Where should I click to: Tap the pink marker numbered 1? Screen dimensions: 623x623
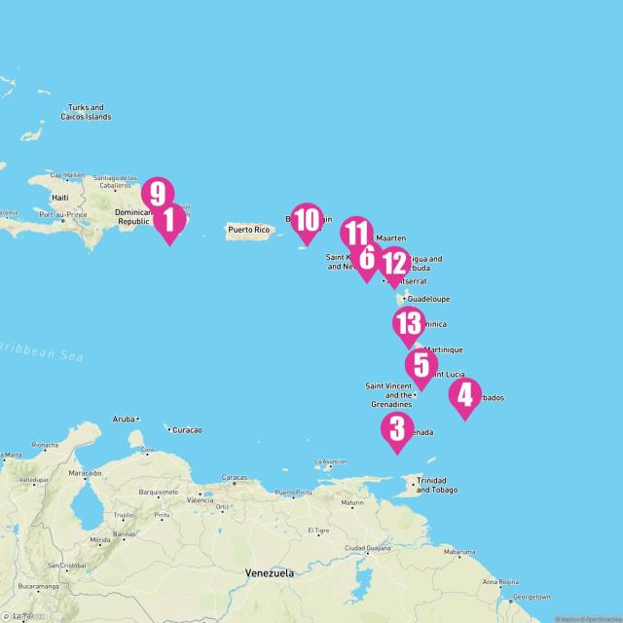[x=168, y=221]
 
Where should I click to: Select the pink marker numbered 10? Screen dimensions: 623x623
[x=307, y=220]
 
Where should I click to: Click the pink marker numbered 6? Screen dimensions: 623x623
[x=367, y=258]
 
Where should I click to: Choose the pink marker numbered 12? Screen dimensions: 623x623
[x=394, y=263]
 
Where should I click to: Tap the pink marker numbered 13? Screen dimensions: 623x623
[x=408, y=323]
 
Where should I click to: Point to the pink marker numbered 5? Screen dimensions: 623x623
[x=421, y=365]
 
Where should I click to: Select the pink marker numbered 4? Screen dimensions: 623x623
[x=465, y=395]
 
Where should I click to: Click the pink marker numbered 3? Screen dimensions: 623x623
[x=396, y=428]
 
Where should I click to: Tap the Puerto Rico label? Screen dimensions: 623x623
[x=247, y=230]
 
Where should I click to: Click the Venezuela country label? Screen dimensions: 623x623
[x=270, y=573]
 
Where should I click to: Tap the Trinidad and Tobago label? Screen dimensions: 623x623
[x=431, y=485]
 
